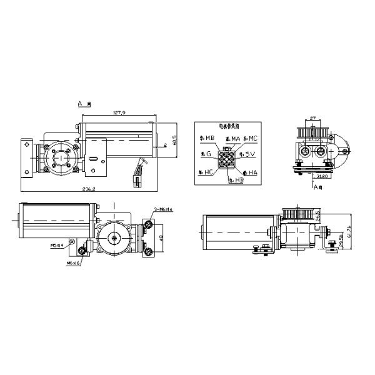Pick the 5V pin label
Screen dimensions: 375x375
pyautogui.click(x=251, y=154)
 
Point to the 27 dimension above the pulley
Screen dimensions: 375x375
pyautogui.click(x=314, y=116)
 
